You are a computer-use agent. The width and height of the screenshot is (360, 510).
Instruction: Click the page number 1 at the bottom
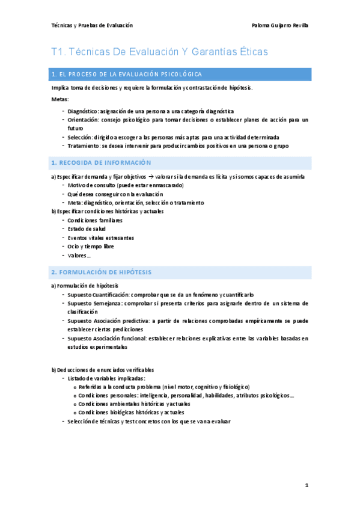[306, 485]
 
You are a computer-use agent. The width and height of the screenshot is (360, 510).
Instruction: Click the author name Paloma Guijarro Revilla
[281, 25]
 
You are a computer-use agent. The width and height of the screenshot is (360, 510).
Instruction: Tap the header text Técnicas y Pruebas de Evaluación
[92, 25]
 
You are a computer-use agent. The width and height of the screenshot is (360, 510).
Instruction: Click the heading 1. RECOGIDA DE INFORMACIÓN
[101, 163]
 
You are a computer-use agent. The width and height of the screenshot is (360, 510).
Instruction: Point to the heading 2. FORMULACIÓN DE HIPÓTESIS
[101, 272]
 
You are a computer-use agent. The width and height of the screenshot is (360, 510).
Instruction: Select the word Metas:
[60, 99]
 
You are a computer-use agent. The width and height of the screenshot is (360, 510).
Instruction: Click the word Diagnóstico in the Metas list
[83, 111]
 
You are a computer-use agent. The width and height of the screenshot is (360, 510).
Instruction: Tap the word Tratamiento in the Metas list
[84, 146]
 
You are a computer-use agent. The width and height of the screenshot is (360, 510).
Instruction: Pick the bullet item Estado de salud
[88, 229]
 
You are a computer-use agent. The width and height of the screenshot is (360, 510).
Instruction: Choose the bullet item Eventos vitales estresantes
[100, 238]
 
